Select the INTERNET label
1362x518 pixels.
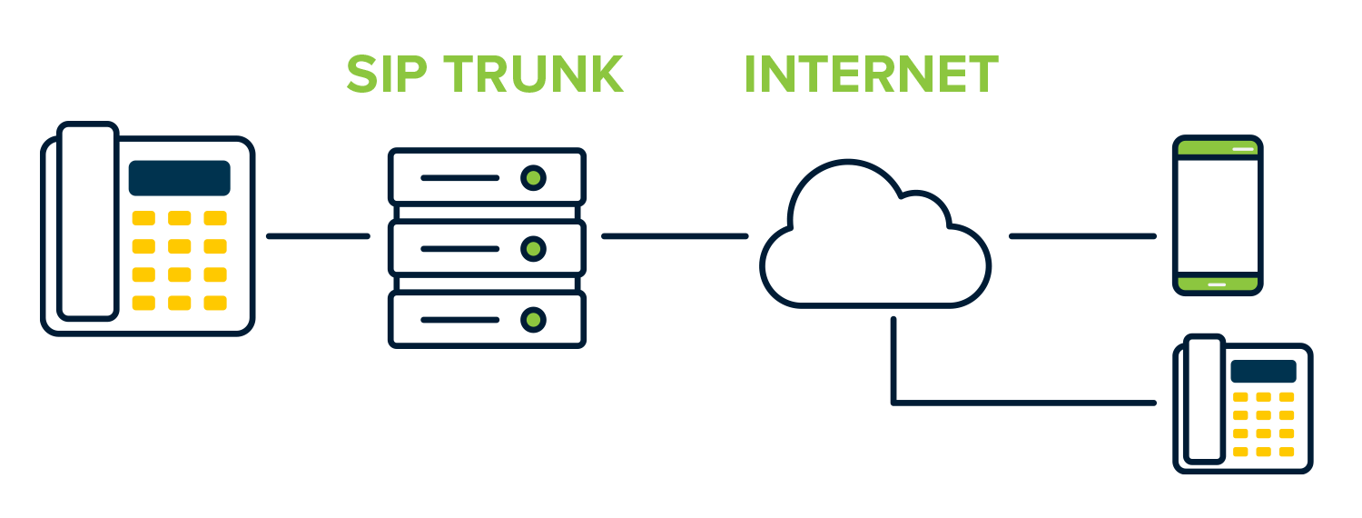tap(871, 75)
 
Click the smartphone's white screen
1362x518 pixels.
tap(1217, 215)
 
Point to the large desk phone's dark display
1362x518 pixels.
tap(179, 178)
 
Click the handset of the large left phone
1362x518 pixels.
tap(88, 223)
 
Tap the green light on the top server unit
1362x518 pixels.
tap(534, 177)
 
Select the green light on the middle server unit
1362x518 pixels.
tap(534, 248)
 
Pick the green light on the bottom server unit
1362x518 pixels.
tap(534, 319)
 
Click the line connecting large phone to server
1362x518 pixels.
tap(318, 236)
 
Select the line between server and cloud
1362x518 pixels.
tap(675, 236)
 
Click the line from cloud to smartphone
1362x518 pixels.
tap(1082, 236)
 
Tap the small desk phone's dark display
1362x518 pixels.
tap(1263, 371)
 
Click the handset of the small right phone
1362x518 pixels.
tap(1204, 400)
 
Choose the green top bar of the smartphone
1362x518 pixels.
tap(1217, 147)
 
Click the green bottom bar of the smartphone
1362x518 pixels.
tap(1217, 284)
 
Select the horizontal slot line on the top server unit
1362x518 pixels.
tap(459, 178)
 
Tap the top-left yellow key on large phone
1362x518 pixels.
tap(143, 218)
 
